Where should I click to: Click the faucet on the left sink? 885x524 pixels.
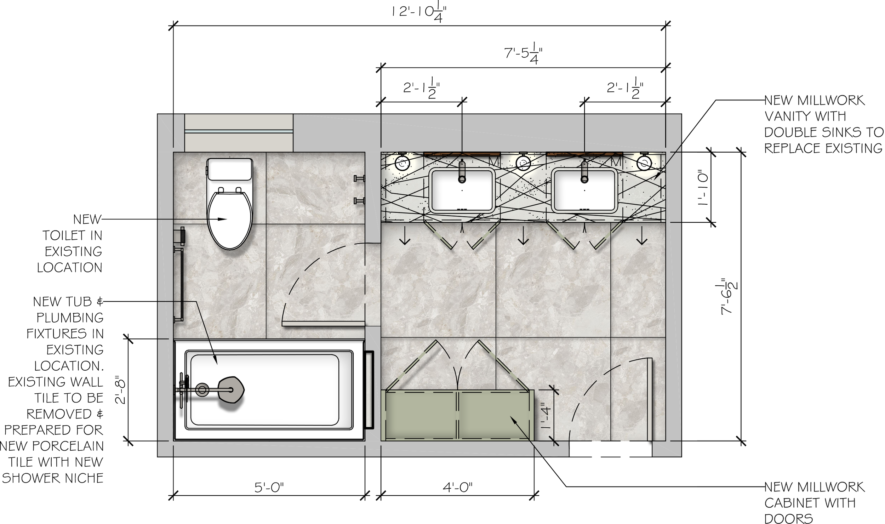(462, 172)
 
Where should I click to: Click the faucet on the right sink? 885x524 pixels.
(584, 172)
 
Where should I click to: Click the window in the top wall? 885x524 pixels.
(239, 131)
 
